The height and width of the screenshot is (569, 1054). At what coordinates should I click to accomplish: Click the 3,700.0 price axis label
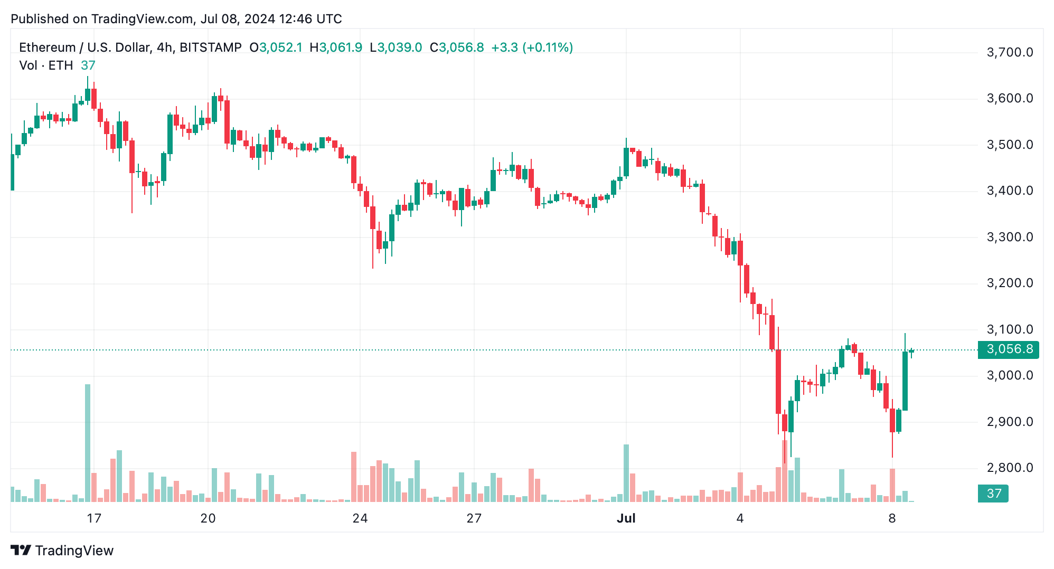[x=1009, y=52]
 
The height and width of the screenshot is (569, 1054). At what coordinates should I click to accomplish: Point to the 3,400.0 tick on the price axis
[x=1009, y=191]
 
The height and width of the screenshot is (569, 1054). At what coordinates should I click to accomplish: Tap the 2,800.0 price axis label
[x=1009, y=468]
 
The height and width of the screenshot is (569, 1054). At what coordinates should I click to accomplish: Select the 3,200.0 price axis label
[x=1009, y=283]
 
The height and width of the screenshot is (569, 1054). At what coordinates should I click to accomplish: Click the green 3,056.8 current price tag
[x=1008, y=349]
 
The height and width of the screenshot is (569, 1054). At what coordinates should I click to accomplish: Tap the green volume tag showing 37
[x=993, y=494]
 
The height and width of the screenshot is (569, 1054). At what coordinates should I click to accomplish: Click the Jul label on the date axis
[x=626, y=518]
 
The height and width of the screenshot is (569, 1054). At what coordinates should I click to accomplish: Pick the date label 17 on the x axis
[x=94, y=518]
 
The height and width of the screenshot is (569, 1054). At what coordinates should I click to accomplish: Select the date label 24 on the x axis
[x=360, y=518]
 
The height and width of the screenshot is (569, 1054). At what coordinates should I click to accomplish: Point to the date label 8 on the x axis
[x=892, y=518]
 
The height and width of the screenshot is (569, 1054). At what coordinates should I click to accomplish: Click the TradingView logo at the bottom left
[x=62, y=551]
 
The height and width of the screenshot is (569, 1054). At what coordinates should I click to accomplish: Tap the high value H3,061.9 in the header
[x=336, y=48]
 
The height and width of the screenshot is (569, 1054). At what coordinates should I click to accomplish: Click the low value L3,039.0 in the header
[x=396, y=48]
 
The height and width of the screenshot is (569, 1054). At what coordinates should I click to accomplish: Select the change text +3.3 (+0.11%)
[x=532, y=48]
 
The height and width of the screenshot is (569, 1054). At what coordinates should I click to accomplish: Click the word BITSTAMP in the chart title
[x=210, y=48]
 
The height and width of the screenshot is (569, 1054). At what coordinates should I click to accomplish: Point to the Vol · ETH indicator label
[x=46, y=65]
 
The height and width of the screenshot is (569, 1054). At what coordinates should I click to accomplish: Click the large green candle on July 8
[x=905, y=381]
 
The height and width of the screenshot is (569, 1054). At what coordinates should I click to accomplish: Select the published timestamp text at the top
[x=176, y=19]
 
